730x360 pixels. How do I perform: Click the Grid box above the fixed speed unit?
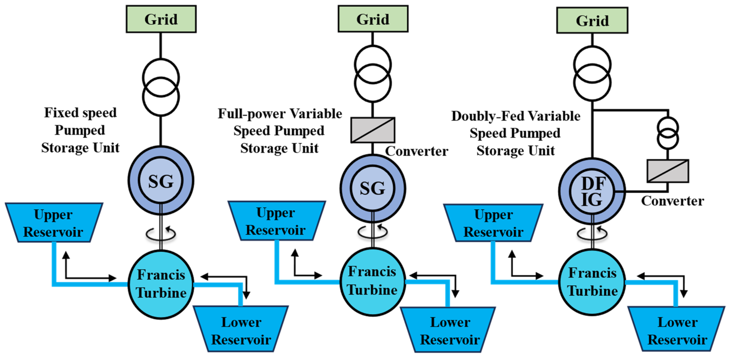pos(161,19)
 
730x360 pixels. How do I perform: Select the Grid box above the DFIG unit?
pos(592,20)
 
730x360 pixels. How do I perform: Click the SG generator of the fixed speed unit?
pos(161,181)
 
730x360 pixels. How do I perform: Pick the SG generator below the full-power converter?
pos(373,188)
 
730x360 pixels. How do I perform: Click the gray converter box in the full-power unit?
pos(373,130)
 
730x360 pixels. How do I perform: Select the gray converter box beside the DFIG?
pos(668,171)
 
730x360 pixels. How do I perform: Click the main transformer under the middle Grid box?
pos(373,74)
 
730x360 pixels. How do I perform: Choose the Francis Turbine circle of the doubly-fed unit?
pos(592,282)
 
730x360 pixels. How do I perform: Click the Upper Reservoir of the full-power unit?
pos(276,221)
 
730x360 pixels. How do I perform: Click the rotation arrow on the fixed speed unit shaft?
pos(161,233)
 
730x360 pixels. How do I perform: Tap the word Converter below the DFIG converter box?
pos(672,201)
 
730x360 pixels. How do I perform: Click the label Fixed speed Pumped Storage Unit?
pos(80,130)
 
